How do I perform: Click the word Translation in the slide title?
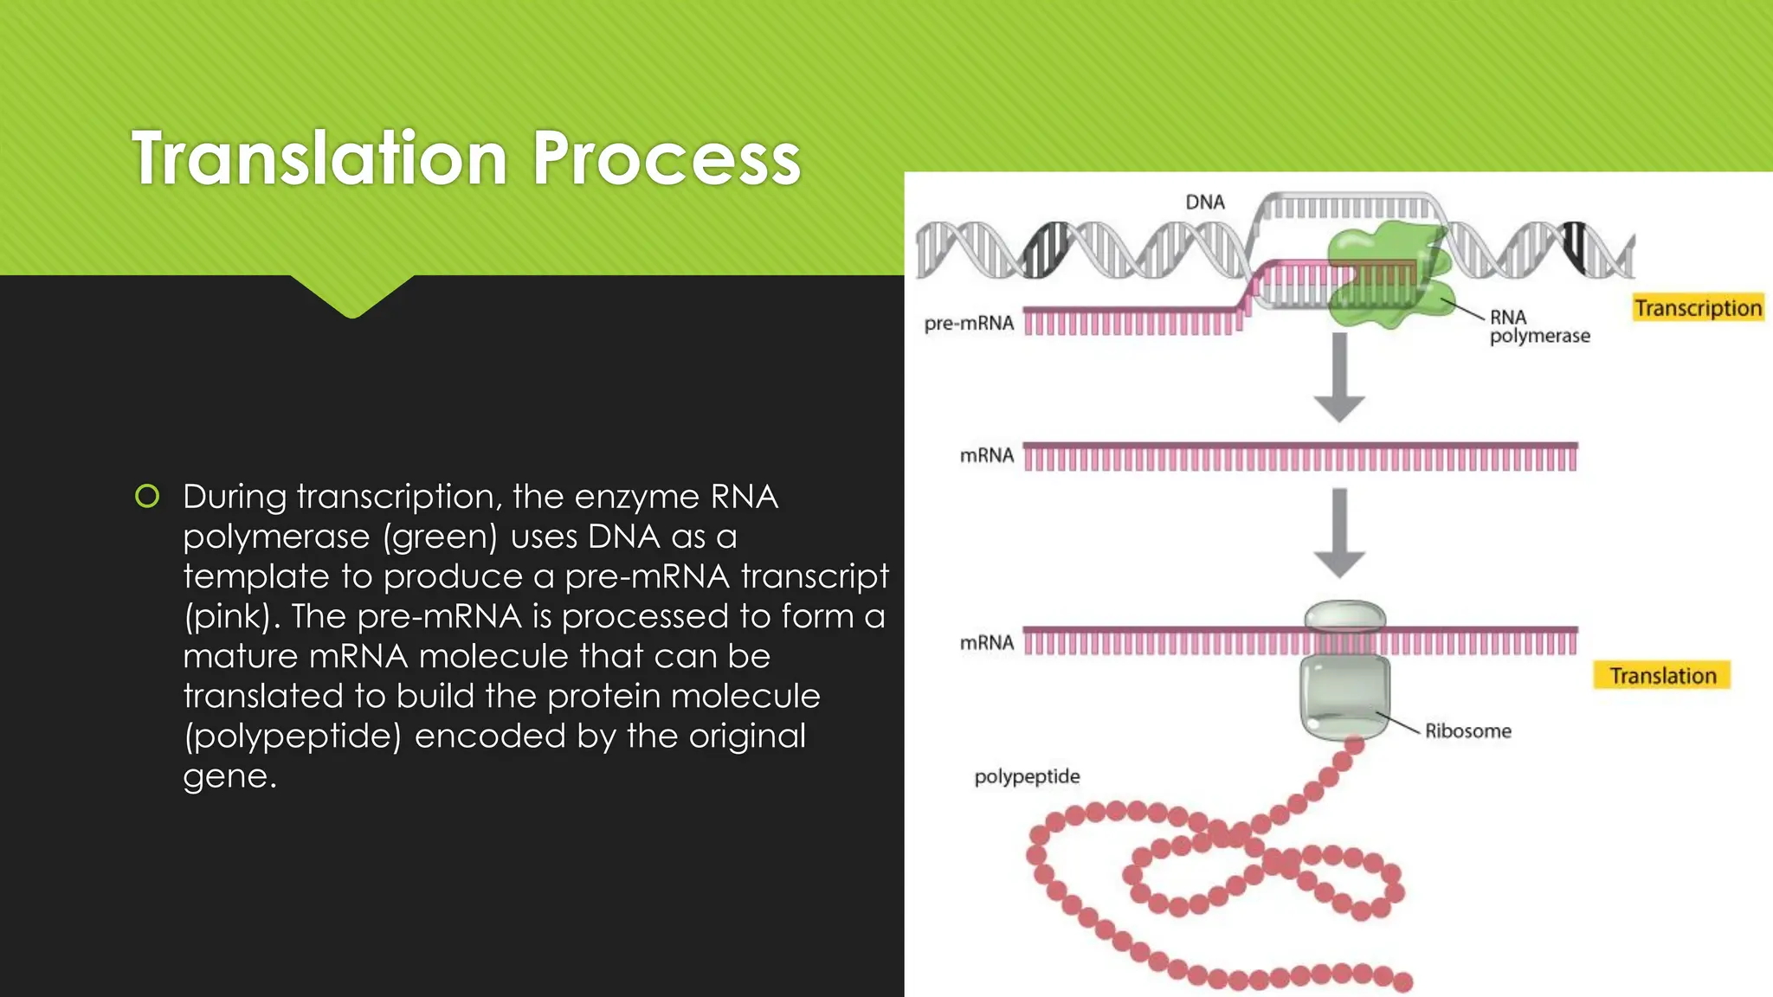coord(319,158)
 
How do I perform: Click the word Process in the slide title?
coord(666,158)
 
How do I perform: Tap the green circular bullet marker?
coord(147,497)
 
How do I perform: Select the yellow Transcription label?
coord(1697,308)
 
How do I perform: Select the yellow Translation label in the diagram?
coord(1661,676)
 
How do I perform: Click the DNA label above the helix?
coord(1205,203)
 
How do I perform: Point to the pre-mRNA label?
coord(969,324)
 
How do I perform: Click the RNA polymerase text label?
coord(1538,327)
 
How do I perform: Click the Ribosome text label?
coord(1467,731)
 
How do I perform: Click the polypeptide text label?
coord(1027,776)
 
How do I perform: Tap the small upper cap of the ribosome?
coord(1344,615)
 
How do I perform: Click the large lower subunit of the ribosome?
coord(1344,698)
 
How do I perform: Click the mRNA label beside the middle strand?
coord(986,456)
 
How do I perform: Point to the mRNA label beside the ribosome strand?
coord(986,643)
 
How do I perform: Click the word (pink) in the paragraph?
coord(233,617)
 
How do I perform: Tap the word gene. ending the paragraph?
coord(229,776)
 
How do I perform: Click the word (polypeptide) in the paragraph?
coord(293,736)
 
